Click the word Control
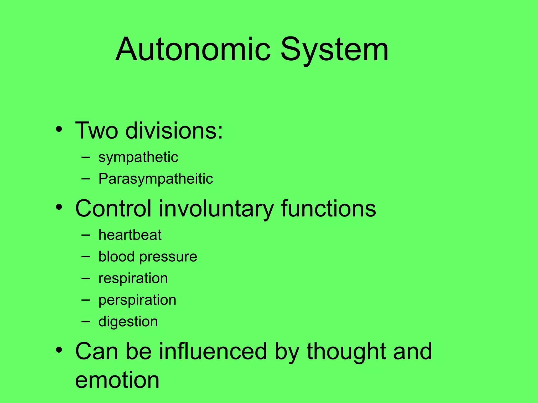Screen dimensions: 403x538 [113, 208]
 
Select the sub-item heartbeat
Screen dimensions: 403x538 [130, 235]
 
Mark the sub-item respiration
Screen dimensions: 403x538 [133, 279]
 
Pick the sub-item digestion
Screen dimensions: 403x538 [128, 322]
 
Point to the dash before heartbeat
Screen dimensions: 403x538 [85, 235]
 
